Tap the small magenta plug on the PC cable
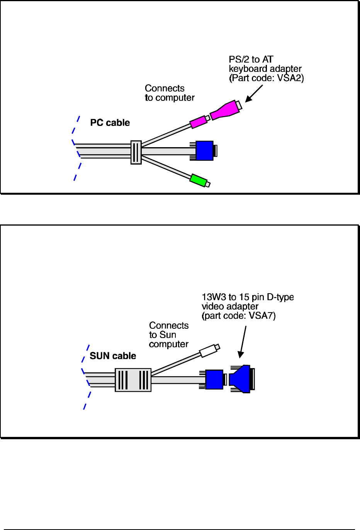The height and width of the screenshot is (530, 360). click(x=199, y=122)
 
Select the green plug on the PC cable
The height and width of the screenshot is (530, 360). click(x=198, y=180)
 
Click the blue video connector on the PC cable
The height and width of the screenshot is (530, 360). click(x=205, y=151)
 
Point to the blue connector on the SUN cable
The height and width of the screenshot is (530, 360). click(x=214, y=379)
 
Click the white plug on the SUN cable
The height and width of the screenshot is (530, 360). click(x=209, y=350)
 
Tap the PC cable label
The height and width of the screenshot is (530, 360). click(x=110, y=123)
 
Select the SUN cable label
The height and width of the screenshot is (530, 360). click(x=113, y=356)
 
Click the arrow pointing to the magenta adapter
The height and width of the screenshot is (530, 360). click(x=254, y=93)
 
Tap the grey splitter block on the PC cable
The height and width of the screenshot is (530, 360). click(x=136, y=152)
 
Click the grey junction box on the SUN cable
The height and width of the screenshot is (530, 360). click(x=133, y=380)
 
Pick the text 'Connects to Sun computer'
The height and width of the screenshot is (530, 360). click(x=169, y=335)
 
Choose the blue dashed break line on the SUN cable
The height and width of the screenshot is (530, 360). click(x=86, y=377)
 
